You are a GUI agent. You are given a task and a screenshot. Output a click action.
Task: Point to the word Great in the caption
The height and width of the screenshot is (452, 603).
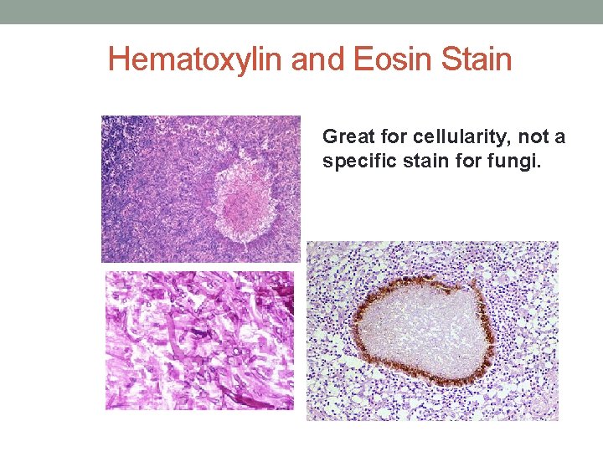[344, 136]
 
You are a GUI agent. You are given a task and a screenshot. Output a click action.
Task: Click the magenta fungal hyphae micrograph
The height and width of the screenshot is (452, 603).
[199, 340]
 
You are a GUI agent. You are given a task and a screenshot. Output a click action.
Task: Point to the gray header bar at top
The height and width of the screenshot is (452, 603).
[301, 12]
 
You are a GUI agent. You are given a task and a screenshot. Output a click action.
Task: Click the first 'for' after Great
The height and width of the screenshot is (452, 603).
[385, 136]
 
